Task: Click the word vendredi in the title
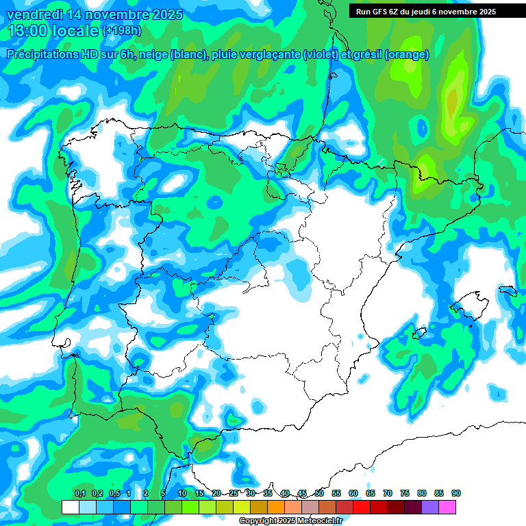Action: [x=34, y=14]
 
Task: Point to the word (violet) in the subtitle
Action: [x=321, y=55]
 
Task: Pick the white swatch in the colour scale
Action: [x=70, y=507]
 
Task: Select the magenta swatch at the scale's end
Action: [x=447, y=507]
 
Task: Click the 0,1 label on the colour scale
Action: [x=80, y=494]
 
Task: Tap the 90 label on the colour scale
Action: [x=456, y=494]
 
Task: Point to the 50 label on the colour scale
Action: [x=319, y=494]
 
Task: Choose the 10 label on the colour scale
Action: [x=182, y=494]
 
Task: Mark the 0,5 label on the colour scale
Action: [x=114, y=494]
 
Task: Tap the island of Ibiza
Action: [x=420, y=334]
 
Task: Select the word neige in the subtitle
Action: [x=153, y=55]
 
